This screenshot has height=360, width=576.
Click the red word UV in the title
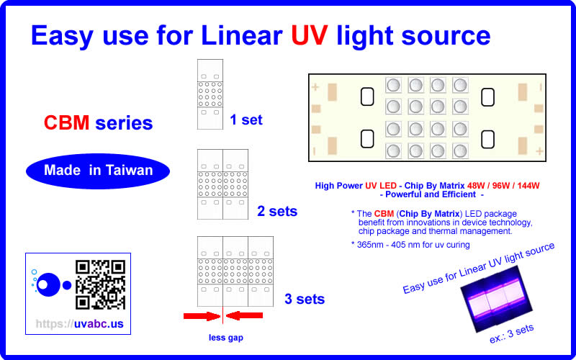310,35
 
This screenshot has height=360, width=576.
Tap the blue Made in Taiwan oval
98,171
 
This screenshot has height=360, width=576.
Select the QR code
101,284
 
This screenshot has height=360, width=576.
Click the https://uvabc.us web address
79,324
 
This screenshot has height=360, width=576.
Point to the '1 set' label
246,120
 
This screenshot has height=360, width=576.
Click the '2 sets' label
277,212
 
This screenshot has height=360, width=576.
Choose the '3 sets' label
304,298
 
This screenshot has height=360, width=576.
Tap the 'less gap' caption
225,337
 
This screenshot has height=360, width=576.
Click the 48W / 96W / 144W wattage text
503,186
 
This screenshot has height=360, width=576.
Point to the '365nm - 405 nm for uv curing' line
410,245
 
